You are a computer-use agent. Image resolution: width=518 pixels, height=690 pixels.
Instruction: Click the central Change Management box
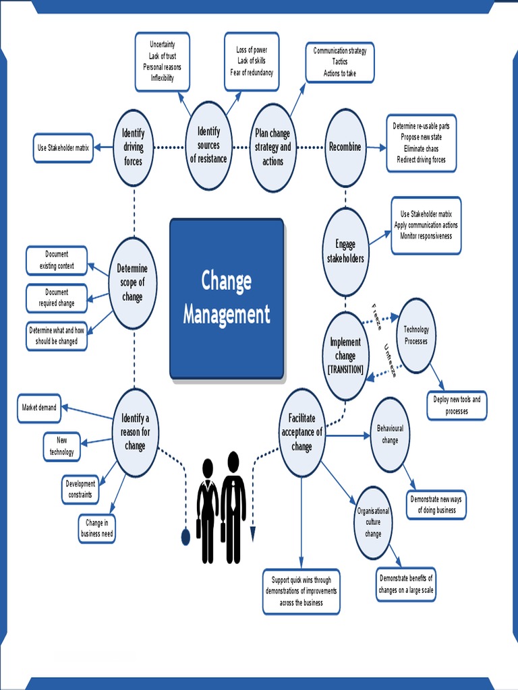point(227,298)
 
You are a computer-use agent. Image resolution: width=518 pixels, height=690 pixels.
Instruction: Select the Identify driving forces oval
point(133,148)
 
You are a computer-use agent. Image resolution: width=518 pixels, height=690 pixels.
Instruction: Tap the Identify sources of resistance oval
point(208,146)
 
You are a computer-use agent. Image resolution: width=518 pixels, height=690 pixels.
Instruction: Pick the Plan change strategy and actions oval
point(272,148)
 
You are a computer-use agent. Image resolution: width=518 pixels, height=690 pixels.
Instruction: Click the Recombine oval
point(345,148)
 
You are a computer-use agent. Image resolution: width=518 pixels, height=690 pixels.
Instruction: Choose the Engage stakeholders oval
point(345,251)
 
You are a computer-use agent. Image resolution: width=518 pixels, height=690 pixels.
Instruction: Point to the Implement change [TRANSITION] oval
point(345,355)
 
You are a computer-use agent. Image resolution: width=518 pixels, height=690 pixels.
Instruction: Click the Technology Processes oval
point(415,335)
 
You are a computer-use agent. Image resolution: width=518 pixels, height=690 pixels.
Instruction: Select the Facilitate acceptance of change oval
point(301,433)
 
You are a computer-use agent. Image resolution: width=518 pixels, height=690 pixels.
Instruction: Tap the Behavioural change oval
point(390,435)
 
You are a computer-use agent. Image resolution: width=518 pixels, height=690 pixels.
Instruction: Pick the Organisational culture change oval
point(373,522)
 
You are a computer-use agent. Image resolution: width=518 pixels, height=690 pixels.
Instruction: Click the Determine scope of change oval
point(132,282)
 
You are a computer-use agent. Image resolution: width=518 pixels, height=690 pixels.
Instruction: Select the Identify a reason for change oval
point(135,433)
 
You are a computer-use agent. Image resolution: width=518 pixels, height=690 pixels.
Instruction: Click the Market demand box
point(39,408)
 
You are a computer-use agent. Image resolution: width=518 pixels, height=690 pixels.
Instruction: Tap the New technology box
point(61,447)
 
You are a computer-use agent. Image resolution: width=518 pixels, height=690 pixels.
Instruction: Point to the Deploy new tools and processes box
point(457,405)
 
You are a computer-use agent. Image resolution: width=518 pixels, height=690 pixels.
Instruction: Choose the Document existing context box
point(57,260)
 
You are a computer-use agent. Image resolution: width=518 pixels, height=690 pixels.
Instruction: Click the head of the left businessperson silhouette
point(208,468)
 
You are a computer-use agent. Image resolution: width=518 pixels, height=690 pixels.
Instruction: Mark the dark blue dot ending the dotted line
point(185,536)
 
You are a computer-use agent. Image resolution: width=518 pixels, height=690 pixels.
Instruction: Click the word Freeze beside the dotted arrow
point(377,317)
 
